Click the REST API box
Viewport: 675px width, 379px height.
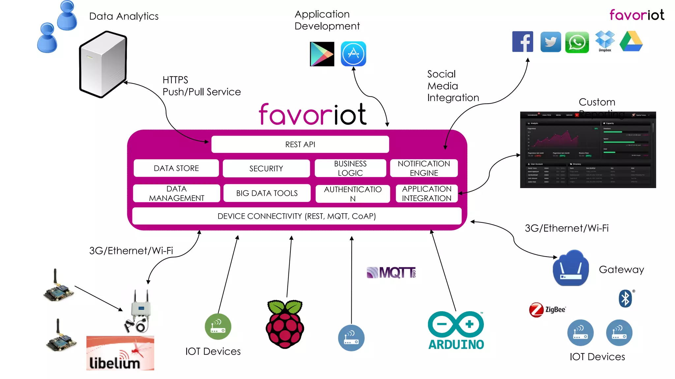pyautogui.click(x=300, y=144)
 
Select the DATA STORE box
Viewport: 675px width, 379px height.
pyautogui.click(x=176, y=168)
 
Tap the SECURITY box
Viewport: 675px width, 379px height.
pyautogui.click(x=266, y=168)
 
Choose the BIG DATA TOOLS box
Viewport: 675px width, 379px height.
pyautogui.click(x=267, y=193)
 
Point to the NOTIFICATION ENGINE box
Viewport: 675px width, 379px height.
pyautogui.click(x=424, y=168)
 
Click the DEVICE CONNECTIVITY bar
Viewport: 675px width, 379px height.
pyautogui.click(x=297, y=216)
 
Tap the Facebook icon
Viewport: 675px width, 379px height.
pyautogui.click(x=522, y=42)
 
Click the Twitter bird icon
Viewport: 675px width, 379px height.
pyautogui.click(x=550, y=42)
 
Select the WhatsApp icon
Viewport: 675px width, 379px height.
pyautogui.click(x=577, y=42)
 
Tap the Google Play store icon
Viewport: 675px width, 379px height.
pyautogui.click(x=322, y=54)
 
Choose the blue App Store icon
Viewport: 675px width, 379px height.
pyautogui.click(x=353, y=54)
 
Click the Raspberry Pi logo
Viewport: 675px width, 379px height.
pyautogui.click(x=285, y=324)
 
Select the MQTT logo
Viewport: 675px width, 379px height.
pyautogui.click(x=391, y=273)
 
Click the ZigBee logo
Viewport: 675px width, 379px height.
pyautogui.click(x=547, y=310)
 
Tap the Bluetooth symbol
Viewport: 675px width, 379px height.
pyautogui.click(x=625, y=299)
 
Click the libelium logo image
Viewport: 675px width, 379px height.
pyautogui.click(x=120, y=353)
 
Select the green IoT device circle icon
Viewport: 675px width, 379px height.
pyautogui.click(x=218, y=326)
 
